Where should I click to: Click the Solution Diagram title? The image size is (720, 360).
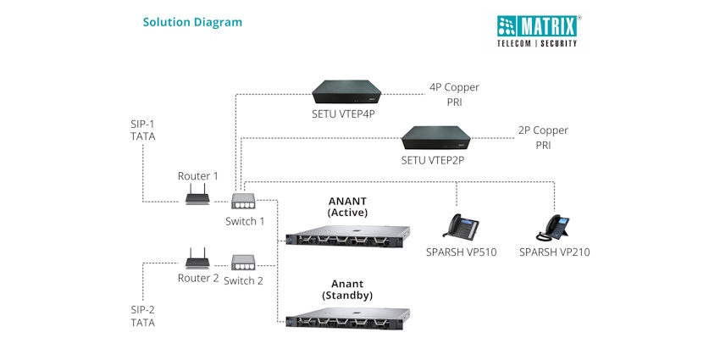(x=192, y=22)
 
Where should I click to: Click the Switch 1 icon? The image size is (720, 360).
(x=245, y=202)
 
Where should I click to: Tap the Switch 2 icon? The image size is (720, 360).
(x=245, y=263)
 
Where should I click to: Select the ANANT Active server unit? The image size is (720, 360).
(x=347, y=236)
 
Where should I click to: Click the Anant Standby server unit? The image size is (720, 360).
(x=347, y=321)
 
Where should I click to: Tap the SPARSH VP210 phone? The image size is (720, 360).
(x=553, y=227)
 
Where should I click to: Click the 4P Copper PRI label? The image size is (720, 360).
(x=454, y=95)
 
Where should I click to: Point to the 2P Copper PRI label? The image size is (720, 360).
(x=543, y=138)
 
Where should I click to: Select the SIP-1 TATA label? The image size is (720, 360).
(x=143, y=130)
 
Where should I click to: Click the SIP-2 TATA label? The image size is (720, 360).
(x=143, y=316)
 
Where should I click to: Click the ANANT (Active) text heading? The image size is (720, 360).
(x=347, y=206)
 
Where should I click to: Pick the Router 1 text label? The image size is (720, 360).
(x=198, y=176)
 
